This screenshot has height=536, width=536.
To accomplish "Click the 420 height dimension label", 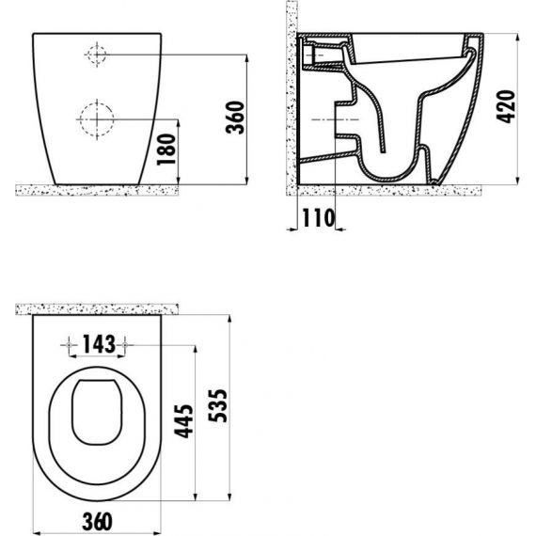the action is [x=506, y=106].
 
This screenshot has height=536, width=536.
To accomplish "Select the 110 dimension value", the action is [x=319, y=218].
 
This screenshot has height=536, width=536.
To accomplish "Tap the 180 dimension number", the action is [x=166, y=150].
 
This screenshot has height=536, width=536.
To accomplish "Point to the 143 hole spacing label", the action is [x=99, y=344].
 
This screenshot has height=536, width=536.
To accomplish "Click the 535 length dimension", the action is [x=217, y=405].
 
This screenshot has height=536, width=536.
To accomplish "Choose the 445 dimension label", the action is [x=183, y=420].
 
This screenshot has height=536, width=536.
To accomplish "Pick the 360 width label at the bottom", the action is [x=98, y=522].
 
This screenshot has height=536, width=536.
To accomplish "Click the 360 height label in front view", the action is [x=235, y=118].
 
